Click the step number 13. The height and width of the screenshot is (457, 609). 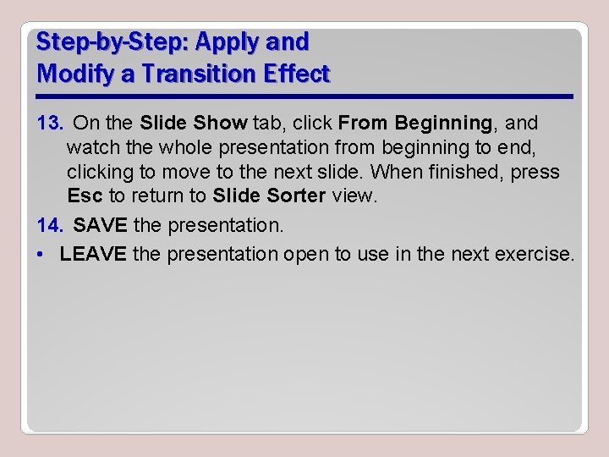[x=49, y=124]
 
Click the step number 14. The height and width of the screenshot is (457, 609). [x=49, y=226]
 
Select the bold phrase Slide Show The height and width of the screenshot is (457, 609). [x=194, y=124]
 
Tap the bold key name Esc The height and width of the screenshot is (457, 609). [x=85, y=196]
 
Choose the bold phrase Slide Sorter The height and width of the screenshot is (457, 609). [x=269, y=196]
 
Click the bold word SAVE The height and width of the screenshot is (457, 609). [x=100, y=226]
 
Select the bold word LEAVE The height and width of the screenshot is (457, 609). [x=93, y=254]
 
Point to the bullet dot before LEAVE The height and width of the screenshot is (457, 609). [x=41, y=255]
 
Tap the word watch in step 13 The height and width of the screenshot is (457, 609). [x=92, y=148]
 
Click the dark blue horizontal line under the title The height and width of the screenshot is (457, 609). [x=304, y=96]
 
